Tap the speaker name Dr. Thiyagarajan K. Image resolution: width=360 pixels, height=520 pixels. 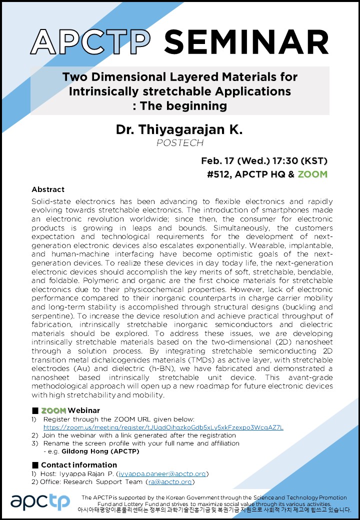[x=179, y=130]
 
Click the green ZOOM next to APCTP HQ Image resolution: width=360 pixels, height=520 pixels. [x=312, y=174]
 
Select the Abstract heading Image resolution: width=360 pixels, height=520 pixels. [x=48, y=189]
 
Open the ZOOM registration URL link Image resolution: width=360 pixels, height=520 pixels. [x=163, y=427]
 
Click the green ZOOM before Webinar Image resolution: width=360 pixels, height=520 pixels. [x=53, y=410]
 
